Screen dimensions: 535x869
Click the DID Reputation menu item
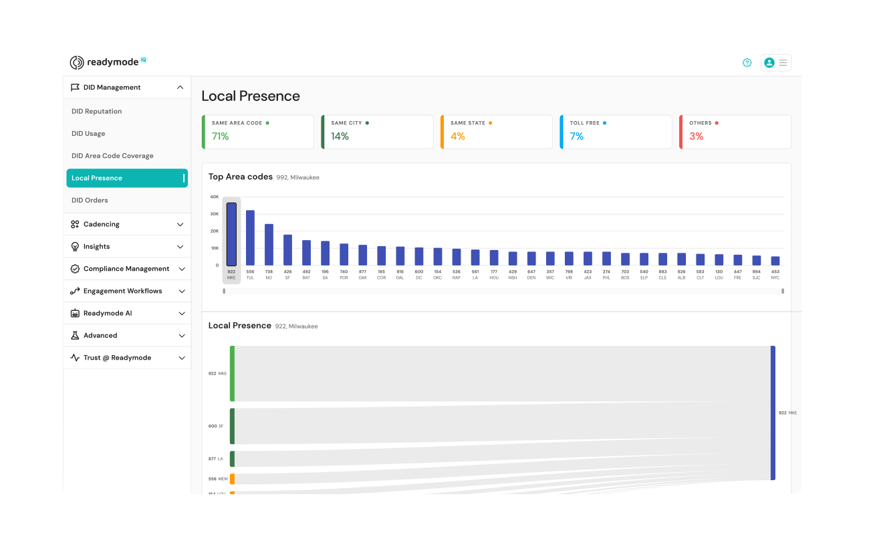(97, 112)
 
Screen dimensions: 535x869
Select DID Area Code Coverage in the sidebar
(112, 156)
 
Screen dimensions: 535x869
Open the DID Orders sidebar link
(90, 201)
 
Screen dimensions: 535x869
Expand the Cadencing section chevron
(180, 225)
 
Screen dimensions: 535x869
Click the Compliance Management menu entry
(126, 269)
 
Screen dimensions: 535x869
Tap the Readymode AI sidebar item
(108, 314)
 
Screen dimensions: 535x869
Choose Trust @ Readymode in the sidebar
(117, 358)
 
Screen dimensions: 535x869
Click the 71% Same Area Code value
(221, 136)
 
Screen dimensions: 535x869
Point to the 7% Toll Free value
(576, 136)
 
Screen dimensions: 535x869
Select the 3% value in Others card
(696, 136)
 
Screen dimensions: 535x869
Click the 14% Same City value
(340, 136)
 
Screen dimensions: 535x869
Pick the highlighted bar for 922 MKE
(231, 234)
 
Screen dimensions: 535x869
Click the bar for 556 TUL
(250, 238)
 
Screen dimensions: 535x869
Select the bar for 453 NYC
(775, 261)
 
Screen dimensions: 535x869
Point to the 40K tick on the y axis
(214, 197)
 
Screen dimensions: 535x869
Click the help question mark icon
(747, 63)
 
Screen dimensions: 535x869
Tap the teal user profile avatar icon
(769, 63)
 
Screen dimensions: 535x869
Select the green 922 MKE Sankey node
(232, 373)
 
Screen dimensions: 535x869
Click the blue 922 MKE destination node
(773, 413)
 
